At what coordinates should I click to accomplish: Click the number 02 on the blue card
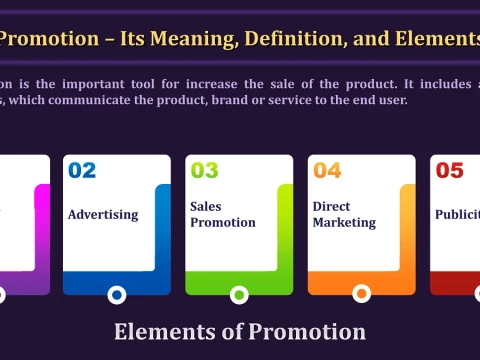pyautogui.click(x=82, y=171)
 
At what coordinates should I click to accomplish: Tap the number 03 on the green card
pyautogui.click(x=204, y=171)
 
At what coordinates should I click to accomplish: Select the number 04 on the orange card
pyautogui.click(x=327, y=171)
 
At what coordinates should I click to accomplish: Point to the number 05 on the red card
pyautogui.click(x=449, y=171)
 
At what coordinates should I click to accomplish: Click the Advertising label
pyautogui.click(x=104, y=215)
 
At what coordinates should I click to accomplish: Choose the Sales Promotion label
pyautogui.click(x=222, y=214)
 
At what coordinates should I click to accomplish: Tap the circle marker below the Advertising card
pyautogui.click(x=116, y=294)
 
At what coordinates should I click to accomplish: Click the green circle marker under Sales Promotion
pyautogui.click(x=239, y=294)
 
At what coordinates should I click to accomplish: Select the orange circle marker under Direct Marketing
pyautogui.click(x=361, y=294)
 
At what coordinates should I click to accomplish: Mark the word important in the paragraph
pyautogui.click(x=95, y=84)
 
